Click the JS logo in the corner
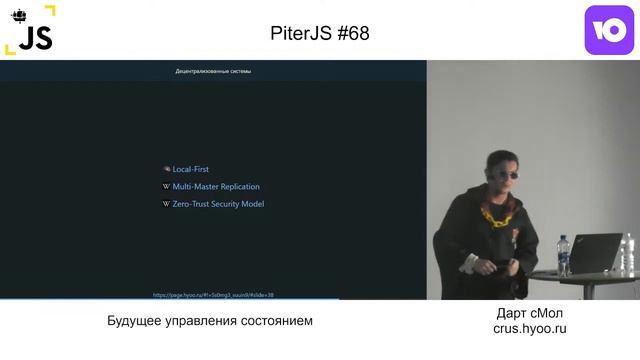pos(30,30)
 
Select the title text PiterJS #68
pos(320,32)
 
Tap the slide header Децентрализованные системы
pos(213,71)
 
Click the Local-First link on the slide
pos(190,169)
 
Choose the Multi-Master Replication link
pos(216,186)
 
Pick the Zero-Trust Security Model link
pos(218,204)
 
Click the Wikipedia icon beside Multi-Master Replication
pos(166,186)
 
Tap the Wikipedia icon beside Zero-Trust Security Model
pos(166,204)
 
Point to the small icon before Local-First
pos(166,169)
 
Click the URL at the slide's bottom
pos(213,295)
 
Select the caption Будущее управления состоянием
pos(210,321)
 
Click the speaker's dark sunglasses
pos(498,171)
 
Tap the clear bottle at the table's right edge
pos(629,257)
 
